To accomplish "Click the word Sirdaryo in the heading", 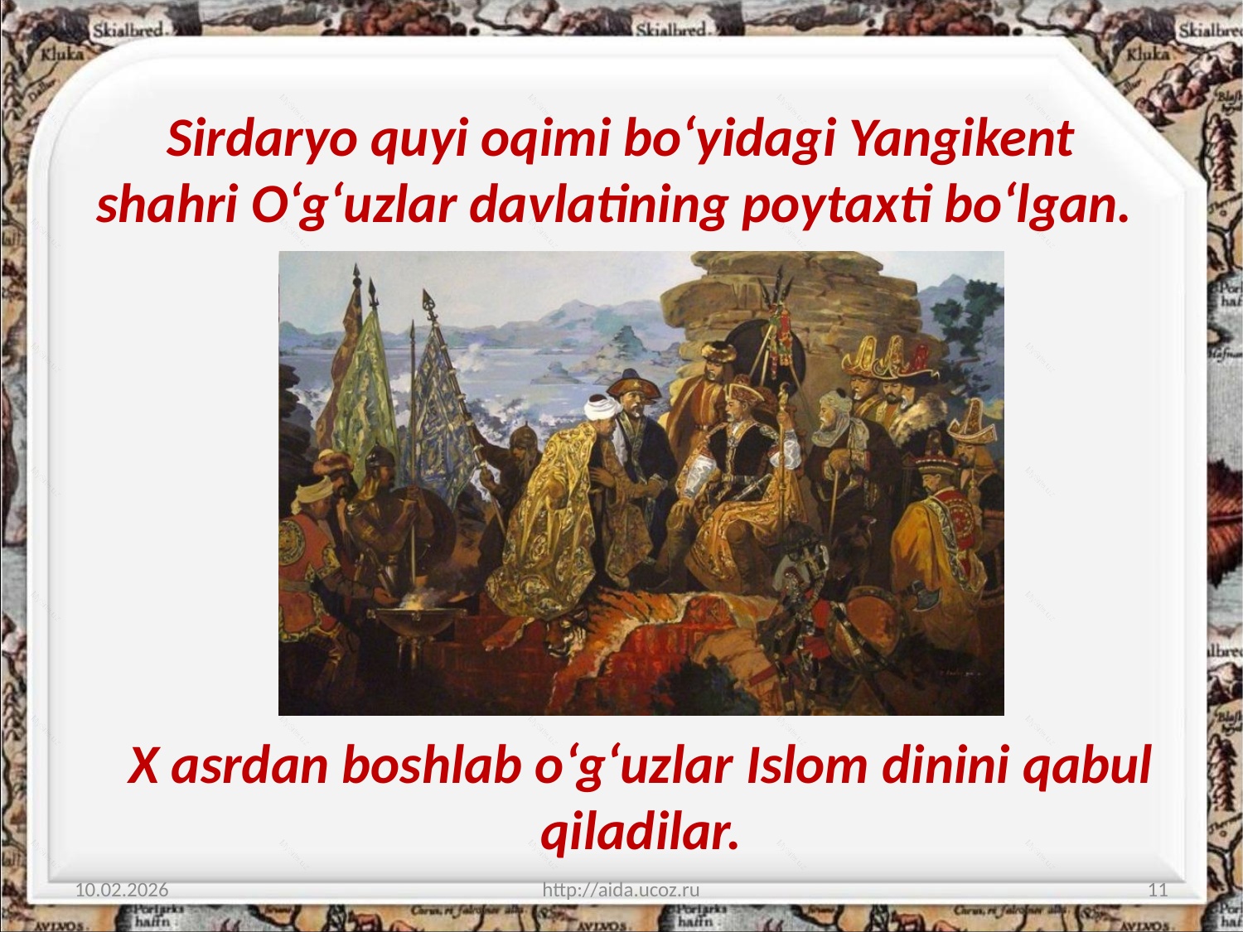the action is pos(262,139).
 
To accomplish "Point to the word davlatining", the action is pos(598,204).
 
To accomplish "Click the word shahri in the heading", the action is pos(167,204).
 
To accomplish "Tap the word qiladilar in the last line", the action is pos(640,833).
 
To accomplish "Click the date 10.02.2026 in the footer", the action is pos(122,890).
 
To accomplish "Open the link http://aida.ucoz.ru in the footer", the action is pos(621,890).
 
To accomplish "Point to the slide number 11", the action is pos(1158,890).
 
